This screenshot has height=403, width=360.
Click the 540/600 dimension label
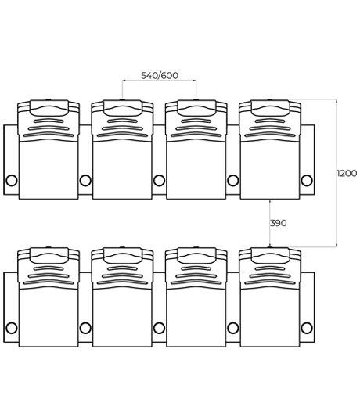tap(160, 75)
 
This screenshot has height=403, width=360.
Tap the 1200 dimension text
tap(347, 173)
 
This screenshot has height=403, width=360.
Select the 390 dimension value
tap(278, 223)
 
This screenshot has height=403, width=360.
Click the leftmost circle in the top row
tap(12, 180)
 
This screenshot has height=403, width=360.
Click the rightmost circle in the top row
tap(307, 180)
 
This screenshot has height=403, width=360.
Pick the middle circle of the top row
tap(159, 180)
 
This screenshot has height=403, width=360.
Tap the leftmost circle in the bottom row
tap(12, 328)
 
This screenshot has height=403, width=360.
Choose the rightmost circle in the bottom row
tap(307, 328)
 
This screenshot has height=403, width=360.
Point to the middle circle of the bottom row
tap(159, 328)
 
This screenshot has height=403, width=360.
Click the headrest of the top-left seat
tap(49, 107)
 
